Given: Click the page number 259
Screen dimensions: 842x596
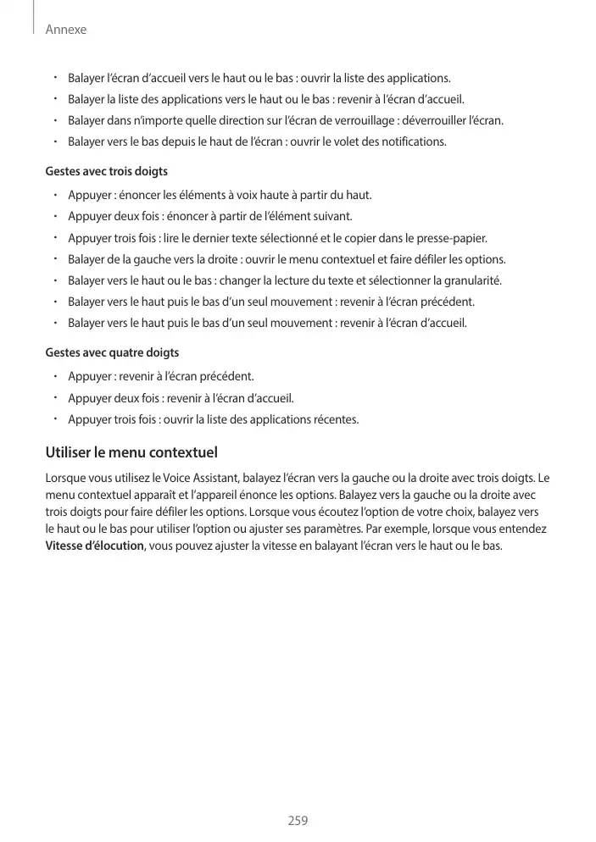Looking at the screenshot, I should pos(298,820).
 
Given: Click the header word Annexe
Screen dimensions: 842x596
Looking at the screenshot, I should pos(66,30).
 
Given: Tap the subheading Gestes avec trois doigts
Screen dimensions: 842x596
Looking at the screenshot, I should pos(106,172).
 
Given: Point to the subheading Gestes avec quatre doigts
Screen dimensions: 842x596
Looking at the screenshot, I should pos(111,352).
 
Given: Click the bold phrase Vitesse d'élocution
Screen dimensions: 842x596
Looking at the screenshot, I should pos(94,545).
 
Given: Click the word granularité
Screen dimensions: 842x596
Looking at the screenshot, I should pos(471,280).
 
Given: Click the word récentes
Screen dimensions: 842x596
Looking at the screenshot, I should pos(336,419).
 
